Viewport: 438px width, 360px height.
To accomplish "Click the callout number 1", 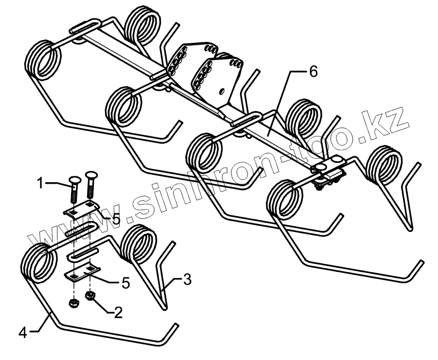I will [41, 184].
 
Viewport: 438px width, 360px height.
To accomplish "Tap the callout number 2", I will [117, 312].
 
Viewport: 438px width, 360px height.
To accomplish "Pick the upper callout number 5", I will [115, 219].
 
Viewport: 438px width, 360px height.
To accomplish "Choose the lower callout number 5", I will [126, 283].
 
